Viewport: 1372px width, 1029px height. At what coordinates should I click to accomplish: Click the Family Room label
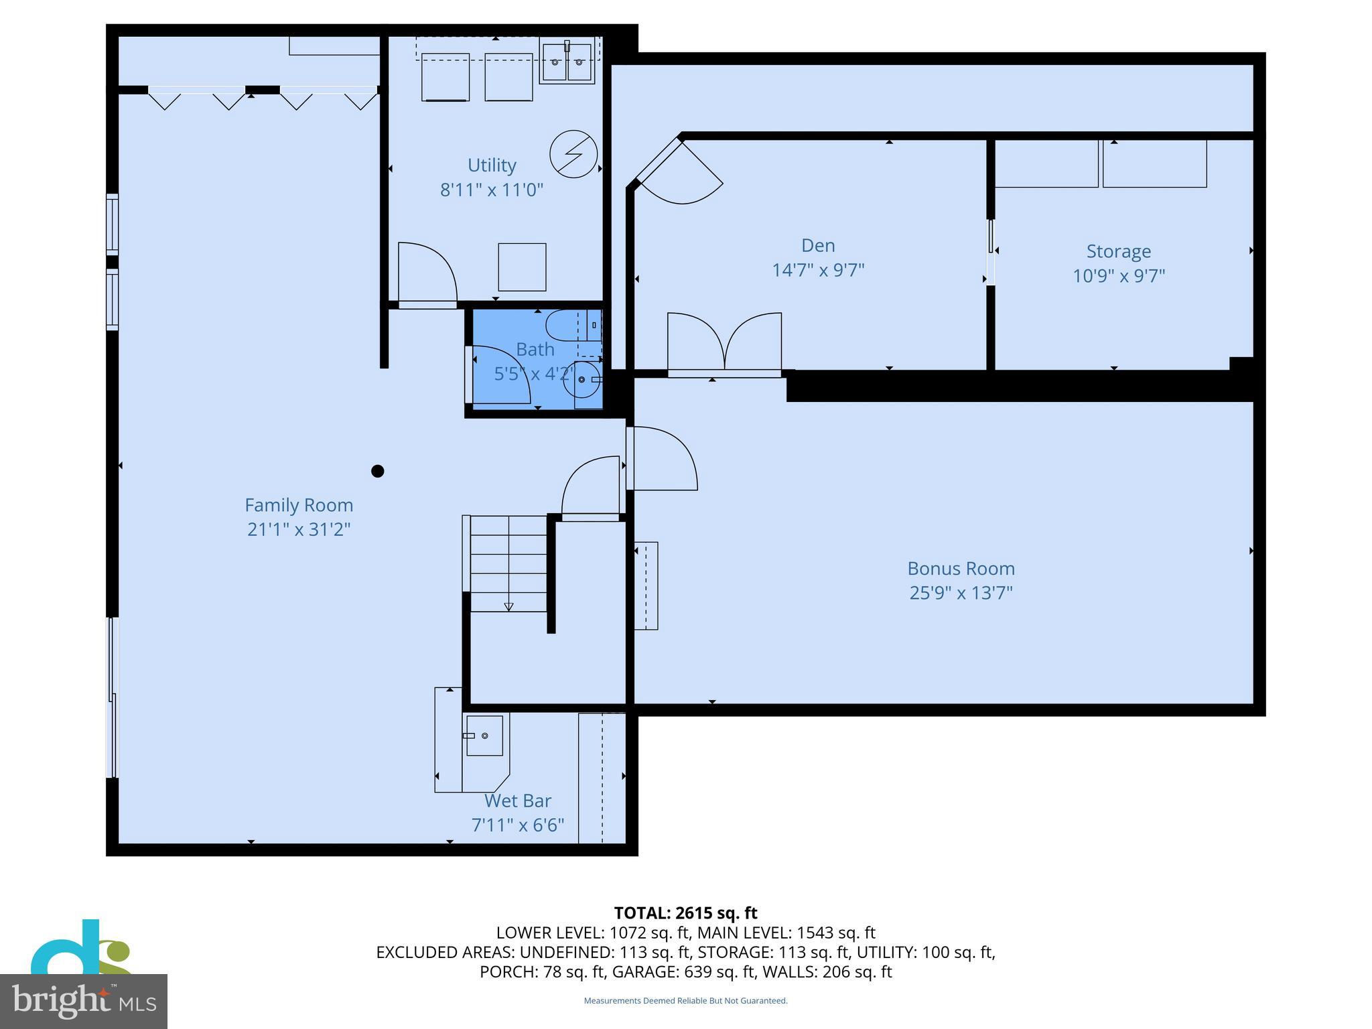pos(298,505)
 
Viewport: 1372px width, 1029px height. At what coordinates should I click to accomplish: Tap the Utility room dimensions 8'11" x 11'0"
pos(491,190)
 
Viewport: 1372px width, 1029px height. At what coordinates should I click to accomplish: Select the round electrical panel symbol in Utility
pos(573,153)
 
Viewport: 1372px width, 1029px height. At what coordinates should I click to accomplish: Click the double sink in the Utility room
pos(567,62)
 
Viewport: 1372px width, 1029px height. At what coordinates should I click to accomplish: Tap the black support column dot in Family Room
pos(378,471)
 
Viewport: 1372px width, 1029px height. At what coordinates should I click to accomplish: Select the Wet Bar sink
pos(484,736)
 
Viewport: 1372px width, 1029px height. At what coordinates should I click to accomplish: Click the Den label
pos(818,246)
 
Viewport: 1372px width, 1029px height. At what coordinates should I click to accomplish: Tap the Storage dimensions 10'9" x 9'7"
pos(1119,276)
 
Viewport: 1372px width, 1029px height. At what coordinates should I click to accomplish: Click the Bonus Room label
pos(961,569)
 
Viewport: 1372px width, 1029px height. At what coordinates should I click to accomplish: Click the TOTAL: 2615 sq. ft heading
pos(685,913)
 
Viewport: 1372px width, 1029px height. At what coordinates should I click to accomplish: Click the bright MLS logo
pos(83,1001)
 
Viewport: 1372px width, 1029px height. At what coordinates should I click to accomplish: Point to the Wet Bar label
pos(518,801)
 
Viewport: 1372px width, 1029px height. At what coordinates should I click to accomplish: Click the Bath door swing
pos(499,375)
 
